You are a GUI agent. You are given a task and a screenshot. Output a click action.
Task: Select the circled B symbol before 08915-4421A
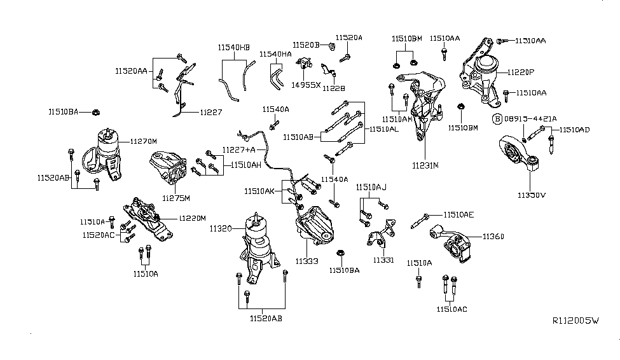[x=499, y=119]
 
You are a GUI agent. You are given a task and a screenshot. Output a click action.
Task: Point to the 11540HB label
[x=234, y=48]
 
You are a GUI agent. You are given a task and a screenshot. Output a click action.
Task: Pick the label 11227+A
[x=238, y=149]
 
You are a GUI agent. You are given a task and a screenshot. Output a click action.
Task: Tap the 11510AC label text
[x=452, y=309]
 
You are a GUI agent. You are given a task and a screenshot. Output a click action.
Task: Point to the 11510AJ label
[x=371, y=187]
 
